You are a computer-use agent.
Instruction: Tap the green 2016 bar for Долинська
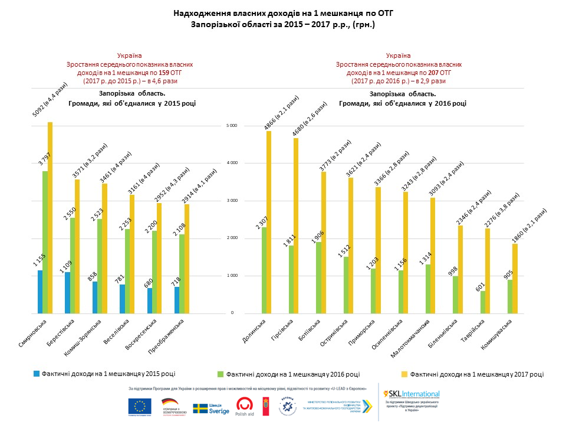tap(264, 270)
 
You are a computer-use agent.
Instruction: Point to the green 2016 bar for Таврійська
tap(483, 302)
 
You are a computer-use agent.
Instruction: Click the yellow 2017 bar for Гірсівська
tap(296, 225)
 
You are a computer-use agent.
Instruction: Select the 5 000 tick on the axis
tap(232, 126)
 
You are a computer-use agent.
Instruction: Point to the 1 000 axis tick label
tap(232, 276)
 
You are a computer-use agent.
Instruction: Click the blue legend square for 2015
tap(36, 374)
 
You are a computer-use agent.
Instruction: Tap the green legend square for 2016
tap(221, 374)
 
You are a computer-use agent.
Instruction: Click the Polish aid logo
tap(246, 406)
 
